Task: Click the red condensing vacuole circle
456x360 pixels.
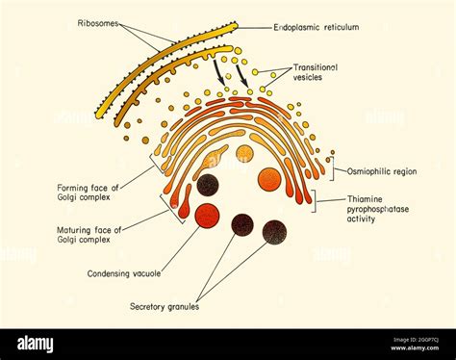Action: point(206,215)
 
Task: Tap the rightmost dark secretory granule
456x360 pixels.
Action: point(274,230)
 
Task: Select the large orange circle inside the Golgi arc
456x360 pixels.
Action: point(268,179)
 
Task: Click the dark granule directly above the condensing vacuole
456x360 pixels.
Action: point(207,184)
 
